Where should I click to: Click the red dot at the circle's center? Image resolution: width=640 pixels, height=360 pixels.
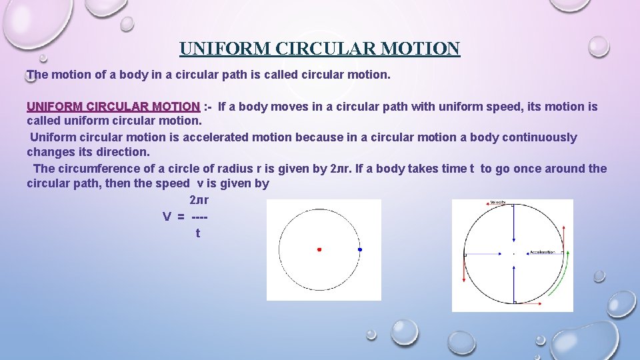(x=319, y=249)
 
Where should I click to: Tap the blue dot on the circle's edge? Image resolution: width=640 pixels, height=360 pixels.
(x=360, y=249)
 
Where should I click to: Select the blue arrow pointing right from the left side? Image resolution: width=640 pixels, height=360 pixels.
(x=483, y=254)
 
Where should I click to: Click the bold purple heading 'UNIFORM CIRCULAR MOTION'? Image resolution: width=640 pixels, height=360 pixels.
(x=113, y=107)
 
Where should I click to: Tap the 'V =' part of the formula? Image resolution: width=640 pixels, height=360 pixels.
(x=174, y=216)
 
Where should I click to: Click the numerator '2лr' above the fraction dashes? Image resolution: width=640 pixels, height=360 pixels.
(x=199, y=200)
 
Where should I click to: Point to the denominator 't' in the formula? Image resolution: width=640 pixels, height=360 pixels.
(x=197, y=233)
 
